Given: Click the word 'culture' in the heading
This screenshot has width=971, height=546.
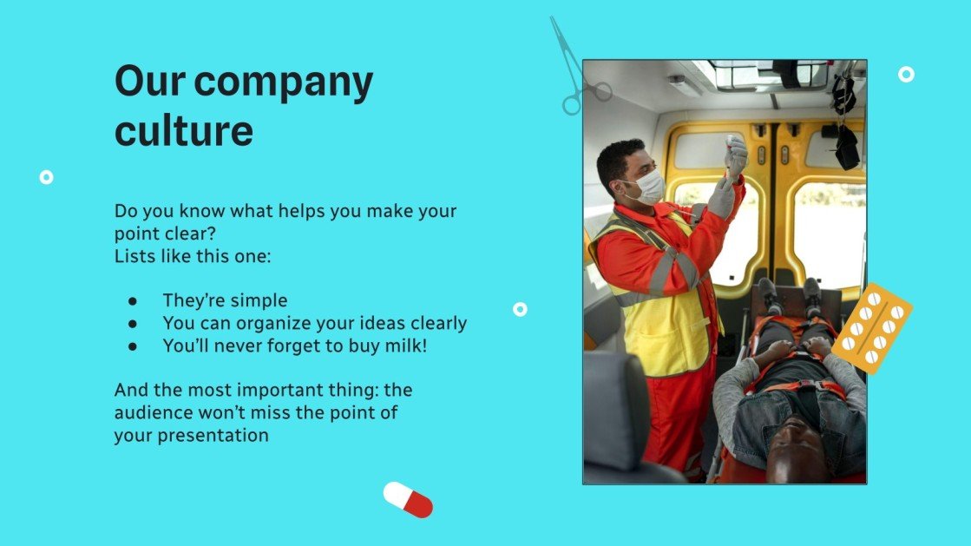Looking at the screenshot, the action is pyautogui.click(x=184, y=130).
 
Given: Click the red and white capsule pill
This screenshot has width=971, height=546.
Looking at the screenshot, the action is pyautogui.click(x=408, y=499).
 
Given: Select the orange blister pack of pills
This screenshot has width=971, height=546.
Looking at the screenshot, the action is pyautogui.click(x=872, y=328).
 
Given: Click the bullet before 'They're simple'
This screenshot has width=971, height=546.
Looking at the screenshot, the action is pyautogui.click(x=133, y=301).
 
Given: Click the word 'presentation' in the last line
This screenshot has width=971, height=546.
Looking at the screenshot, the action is pyautogui.click(x=213, y=436).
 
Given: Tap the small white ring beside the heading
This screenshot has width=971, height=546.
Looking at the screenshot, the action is pyautogui.click(x=47, y=177).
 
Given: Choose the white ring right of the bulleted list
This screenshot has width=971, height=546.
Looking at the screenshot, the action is pyautogui.click(x=520, y=309).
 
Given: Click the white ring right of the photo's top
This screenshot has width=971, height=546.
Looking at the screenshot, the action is pyautogui.click(x=906, y=75).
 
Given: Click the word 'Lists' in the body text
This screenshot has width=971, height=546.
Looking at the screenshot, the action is pyautogui.click(x=135, y=256).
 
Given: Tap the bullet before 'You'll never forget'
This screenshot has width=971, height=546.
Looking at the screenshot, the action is pyautogui.click(x=133, y=346).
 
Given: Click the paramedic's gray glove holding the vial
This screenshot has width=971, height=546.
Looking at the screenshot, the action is pyautogui.click(x=735, y=156).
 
